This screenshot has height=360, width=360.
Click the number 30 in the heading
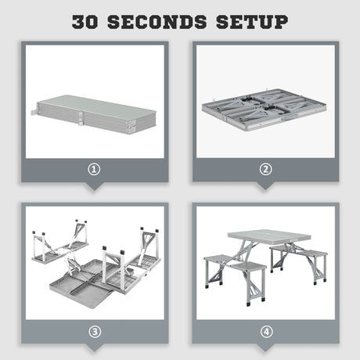click(92, 21)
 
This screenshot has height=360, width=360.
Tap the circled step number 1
click(95, 167)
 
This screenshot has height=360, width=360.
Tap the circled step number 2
click(265, 167)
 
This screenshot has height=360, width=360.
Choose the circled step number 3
click(95, 331)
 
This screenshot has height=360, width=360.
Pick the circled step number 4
click(265, 331)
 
